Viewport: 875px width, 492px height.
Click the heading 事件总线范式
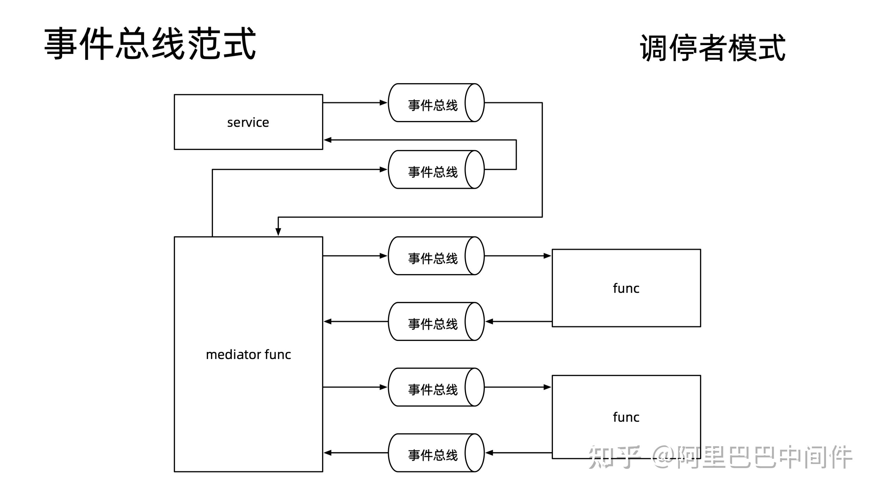tap(150, 44)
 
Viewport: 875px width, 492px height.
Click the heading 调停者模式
tap(713, 48)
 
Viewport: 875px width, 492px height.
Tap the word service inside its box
tap(248, 122)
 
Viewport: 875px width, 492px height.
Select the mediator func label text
tap(248, 354)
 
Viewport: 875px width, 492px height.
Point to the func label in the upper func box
tap(626, 288)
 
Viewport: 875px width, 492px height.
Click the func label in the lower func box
tap(626, 417)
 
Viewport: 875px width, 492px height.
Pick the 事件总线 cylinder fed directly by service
tap(436, 103)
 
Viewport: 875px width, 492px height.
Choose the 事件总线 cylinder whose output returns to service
tap(436, 169)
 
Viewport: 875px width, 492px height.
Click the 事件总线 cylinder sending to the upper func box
tap(436, 256)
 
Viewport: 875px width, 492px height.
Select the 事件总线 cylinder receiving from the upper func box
tap(436, 321)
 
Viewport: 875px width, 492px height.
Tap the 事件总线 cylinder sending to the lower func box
tap(436, 387)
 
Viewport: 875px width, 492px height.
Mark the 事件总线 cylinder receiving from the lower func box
tap(436, 453)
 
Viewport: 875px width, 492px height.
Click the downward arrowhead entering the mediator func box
tap(278, 232)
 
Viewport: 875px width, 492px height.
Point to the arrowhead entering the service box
tap(327, 140)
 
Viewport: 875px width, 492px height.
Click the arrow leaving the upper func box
tap(519, 321)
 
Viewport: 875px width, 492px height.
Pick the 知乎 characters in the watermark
tap(614, 457)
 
